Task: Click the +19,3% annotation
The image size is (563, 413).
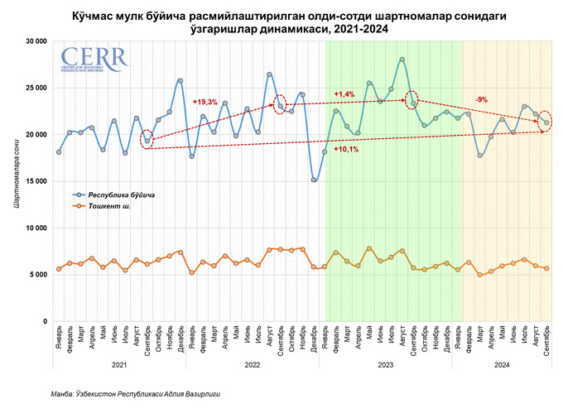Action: point(205,102)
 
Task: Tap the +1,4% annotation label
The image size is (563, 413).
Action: point(344,94)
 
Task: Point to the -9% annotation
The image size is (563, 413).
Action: point(481,99)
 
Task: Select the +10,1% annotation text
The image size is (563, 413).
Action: point(345,149)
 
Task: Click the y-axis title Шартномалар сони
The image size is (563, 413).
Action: point(16,180)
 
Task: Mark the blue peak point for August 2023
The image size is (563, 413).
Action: point(402,60)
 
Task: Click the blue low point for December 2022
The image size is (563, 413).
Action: point(314,180)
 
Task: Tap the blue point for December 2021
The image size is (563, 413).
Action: point(180,81)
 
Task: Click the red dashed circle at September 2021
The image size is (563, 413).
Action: point(147,141)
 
